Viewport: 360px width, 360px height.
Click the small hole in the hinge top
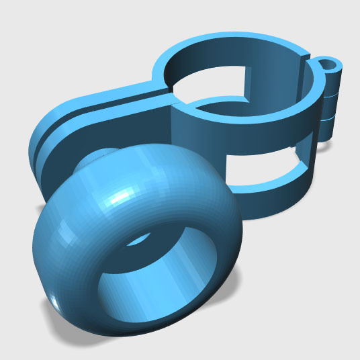click(x=328, y=66)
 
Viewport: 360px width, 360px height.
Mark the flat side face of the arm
click(x=107, y=128)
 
